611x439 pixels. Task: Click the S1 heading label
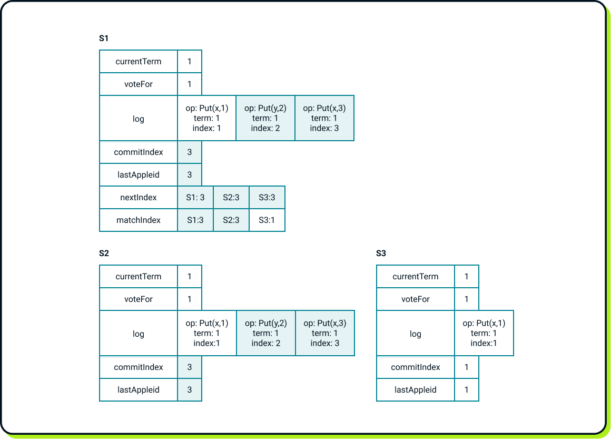coord(104,38)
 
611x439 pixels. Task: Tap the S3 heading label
coord(381,253)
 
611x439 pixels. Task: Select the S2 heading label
coord(104,253)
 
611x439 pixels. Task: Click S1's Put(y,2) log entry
coord(265,118)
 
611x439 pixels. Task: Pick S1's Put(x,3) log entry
coord(324,118)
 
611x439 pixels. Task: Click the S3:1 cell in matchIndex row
coord(267,220)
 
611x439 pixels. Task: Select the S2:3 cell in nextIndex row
coord(231,198)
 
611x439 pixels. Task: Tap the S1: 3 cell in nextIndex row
coord(195,198)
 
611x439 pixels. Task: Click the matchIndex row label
coord(139,220)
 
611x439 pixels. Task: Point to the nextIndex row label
coord(139,198)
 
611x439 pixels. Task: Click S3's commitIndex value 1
coord(466,367)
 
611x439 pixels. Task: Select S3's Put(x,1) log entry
coord(484,334)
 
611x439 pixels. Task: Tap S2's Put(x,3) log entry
coord(324,334)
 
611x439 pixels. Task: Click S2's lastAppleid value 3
coord(190,390)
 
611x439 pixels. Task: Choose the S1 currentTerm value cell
coord(190,62)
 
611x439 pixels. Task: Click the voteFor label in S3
coord(415,299)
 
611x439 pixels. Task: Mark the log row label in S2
coord(139,334)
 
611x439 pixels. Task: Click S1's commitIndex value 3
coord(190,152)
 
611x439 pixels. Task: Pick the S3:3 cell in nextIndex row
coord(267,198)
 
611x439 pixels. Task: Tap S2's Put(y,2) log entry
coord(265,334)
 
